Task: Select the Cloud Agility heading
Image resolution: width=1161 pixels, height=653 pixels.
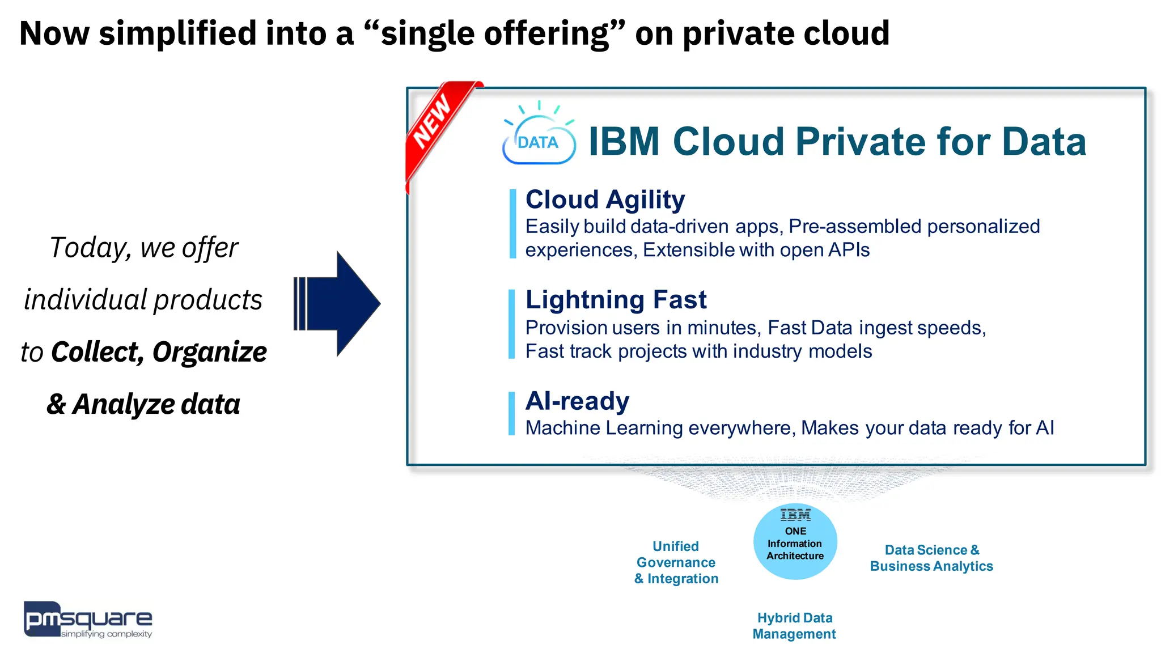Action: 605,200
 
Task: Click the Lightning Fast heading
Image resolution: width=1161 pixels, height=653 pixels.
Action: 616,300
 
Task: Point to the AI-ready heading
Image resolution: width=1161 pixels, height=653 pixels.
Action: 577,401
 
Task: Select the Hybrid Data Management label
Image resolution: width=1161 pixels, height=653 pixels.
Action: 794,626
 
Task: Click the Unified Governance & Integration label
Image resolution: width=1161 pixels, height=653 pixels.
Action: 676,562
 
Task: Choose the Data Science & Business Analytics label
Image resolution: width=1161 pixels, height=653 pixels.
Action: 931,558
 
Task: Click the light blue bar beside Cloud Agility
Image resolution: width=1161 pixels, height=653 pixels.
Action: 512,224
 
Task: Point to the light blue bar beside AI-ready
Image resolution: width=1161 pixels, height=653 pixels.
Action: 511,413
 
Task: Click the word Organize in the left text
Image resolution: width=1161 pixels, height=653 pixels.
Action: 209,352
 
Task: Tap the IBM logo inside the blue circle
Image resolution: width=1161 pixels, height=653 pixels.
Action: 795,515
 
